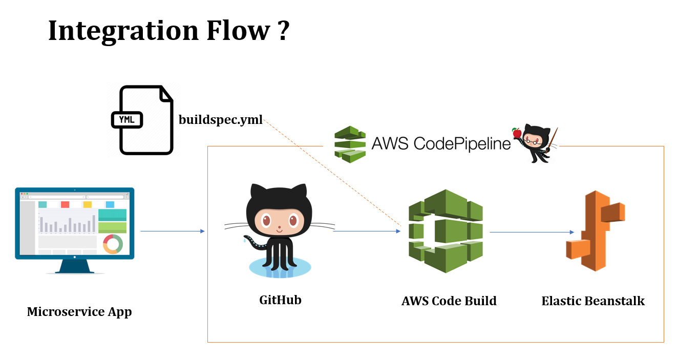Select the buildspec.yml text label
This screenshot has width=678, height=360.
point(221,120)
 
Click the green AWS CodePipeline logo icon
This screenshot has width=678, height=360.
point(350,144)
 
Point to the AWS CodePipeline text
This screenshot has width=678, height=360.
point(441,143)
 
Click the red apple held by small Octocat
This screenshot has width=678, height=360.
point(517,134)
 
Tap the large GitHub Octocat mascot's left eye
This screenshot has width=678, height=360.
point(266,221)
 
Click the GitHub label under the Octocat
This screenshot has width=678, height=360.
point(280,300)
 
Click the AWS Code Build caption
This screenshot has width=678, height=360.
point(449,301)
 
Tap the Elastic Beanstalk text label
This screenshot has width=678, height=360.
point(593,301)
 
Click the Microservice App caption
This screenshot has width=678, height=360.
point(79,311)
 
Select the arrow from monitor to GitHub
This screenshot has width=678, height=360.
point(172,231)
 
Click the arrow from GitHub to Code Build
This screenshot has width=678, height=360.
point(366,231)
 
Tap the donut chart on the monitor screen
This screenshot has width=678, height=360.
point(113,244)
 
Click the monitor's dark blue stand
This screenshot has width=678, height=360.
point(75,265)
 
